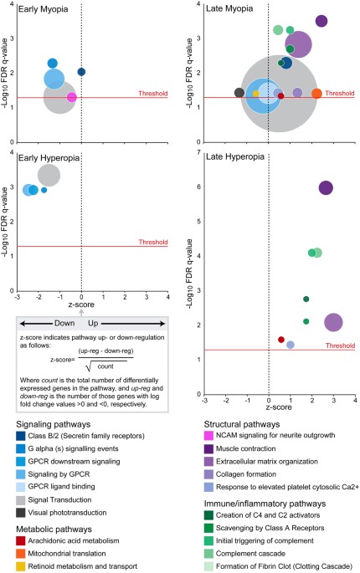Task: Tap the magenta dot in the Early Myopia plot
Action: tap(72, 98)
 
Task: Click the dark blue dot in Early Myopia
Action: tap(81, 73)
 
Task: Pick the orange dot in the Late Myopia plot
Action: tap(316, 93)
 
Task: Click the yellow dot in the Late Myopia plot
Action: tap(256, 94)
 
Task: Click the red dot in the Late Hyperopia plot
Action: tap(281, 316)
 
